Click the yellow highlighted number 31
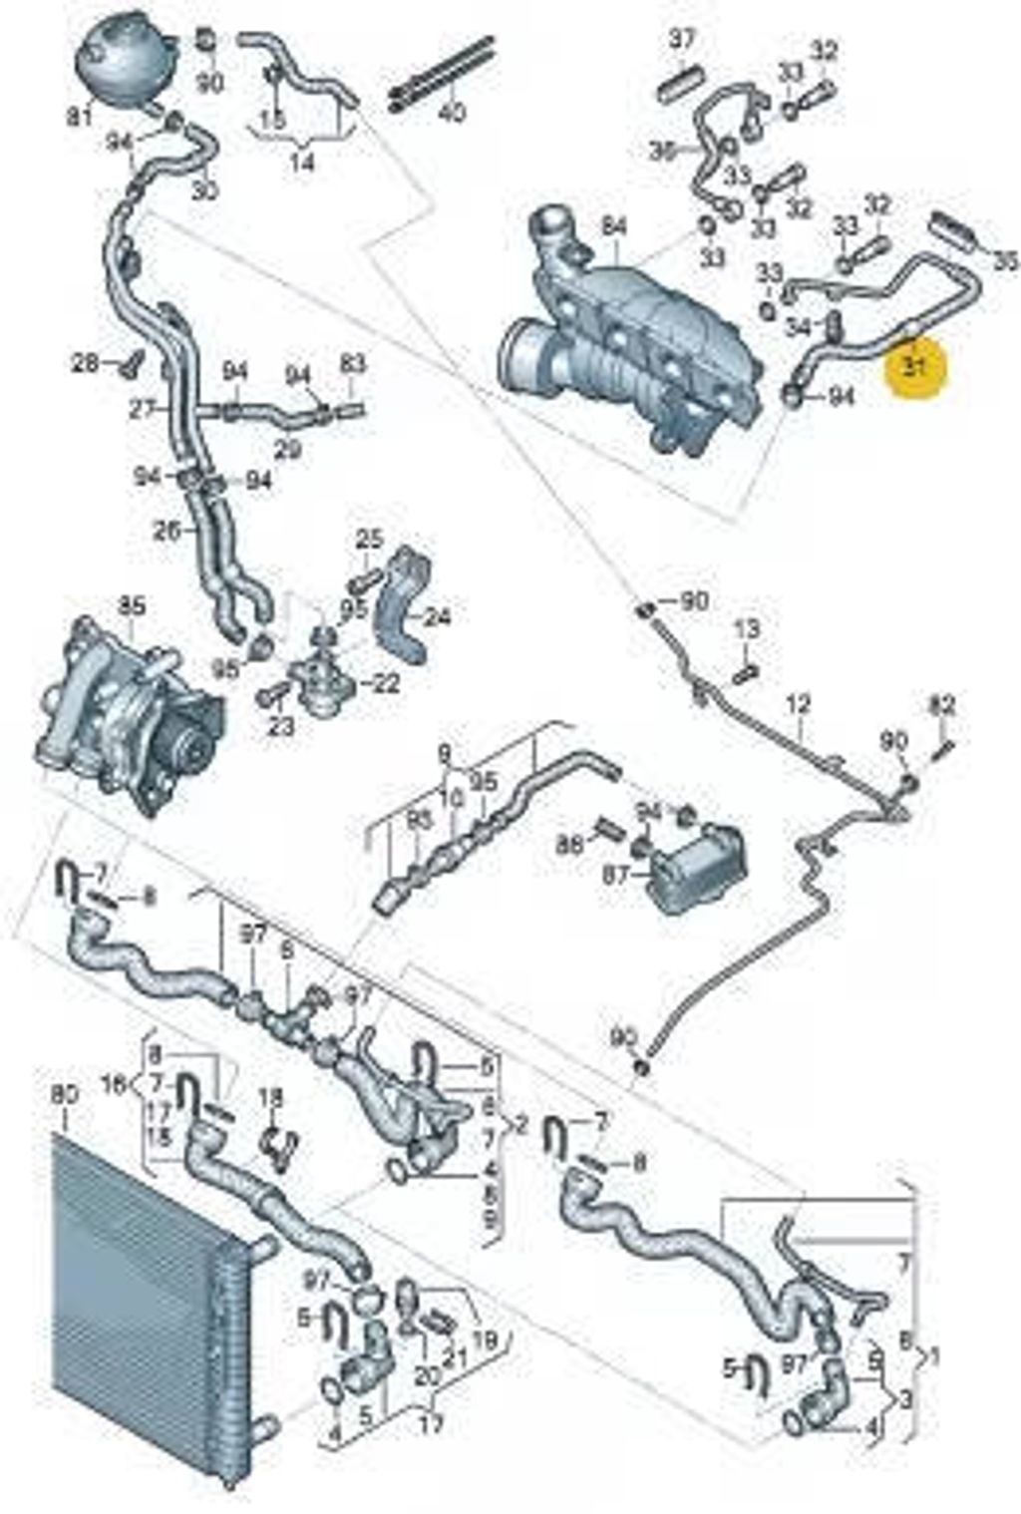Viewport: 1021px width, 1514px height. tap(914, 367)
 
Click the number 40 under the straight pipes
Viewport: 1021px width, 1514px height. tap(452, 114)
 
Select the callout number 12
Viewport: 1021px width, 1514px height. tap(797, 704)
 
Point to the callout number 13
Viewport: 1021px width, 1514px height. tap(747, 629)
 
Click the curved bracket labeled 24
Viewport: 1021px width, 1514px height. tap(404, 608)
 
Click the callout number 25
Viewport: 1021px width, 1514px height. tap(369, 541)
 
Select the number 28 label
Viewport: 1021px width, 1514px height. tap(84, 361)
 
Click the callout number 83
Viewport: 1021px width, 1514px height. tap(352, 364)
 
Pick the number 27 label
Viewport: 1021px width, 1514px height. tap(144, 409)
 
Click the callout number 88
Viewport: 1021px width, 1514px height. tap(569, 846)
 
